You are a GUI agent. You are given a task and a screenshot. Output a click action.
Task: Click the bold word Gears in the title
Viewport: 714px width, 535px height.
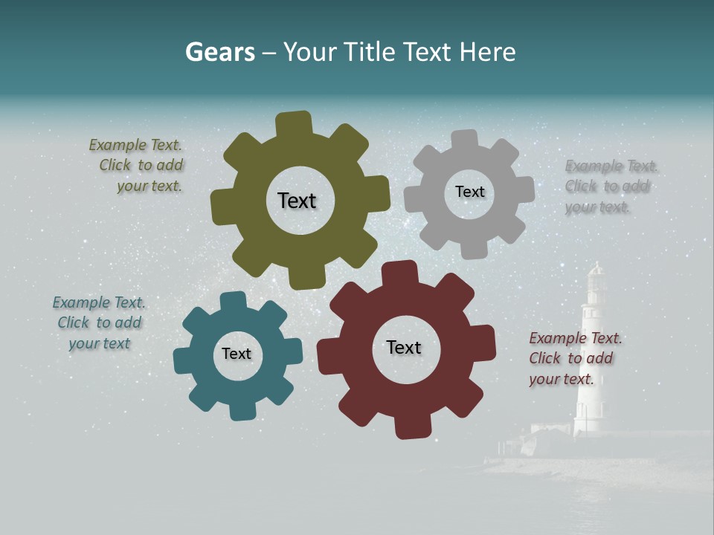click(219, 52)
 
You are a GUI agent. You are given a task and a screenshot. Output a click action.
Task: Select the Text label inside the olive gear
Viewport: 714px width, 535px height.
click(297, 201)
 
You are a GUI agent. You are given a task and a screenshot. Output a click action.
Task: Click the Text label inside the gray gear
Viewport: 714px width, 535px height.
click(469, 192)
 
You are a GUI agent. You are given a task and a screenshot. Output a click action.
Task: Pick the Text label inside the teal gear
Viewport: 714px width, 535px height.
click(237, 354)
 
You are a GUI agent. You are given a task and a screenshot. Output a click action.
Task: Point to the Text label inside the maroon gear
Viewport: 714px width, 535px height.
click(404, 347)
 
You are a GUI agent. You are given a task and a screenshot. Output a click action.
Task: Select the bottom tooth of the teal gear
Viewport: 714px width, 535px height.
click(241, 409)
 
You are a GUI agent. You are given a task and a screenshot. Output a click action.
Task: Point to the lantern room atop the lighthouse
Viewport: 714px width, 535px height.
click(596, 281)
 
